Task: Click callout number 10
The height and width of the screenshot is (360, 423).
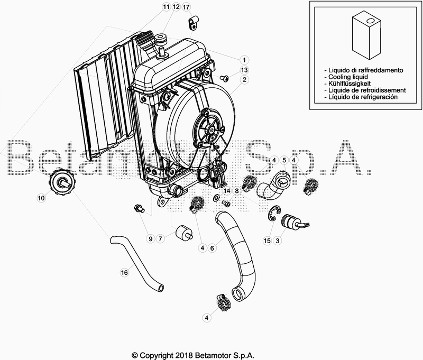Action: point(41,198)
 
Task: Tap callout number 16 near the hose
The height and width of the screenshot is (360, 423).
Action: point(124,273)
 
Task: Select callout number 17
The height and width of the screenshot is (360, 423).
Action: point(186,7)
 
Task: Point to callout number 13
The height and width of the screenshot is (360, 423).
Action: point(244,70)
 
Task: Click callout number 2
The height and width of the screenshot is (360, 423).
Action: point(244,80)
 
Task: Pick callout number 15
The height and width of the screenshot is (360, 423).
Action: point(268,241)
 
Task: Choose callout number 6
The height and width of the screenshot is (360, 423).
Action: point(212,247)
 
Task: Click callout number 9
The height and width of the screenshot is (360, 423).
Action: point(150,239)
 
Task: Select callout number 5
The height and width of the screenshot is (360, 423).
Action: point(284,160)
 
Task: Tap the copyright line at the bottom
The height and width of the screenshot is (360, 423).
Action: point(197,355)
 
